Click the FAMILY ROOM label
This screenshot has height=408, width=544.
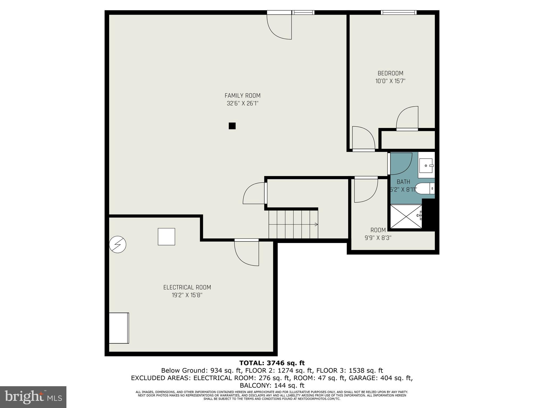[x=242, y=96]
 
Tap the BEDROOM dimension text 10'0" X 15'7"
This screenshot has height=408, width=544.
[x=390, y=81]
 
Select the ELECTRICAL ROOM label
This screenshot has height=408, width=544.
[x=187, y=287]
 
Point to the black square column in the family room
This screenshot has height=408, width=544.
[x=232, y=126]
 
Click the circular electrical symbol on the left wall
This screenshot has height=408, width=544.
[x=118, y=244]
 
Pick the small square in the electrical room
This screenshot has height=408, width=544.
[x=166, y=237]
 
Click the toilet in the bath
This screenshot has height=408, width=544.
[x=424, y=189]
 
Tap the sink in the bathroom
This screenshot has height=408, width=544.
[x=426, y=166]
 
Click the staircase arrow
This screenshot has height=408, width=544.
[x=316, y=224]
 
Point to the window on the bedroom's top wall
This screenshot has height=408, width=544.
[x=398, y=12]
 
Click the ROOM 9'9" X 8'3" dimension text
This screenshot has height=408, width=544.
[x=378, y=238]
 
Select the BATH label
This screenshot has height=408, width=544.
[x=403, y=182]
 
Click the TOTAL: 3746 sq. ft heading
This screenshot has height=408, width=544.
[x=272, y=363]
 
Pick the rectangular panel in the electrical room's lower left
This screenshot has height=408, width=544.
[x=119, y=328]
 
